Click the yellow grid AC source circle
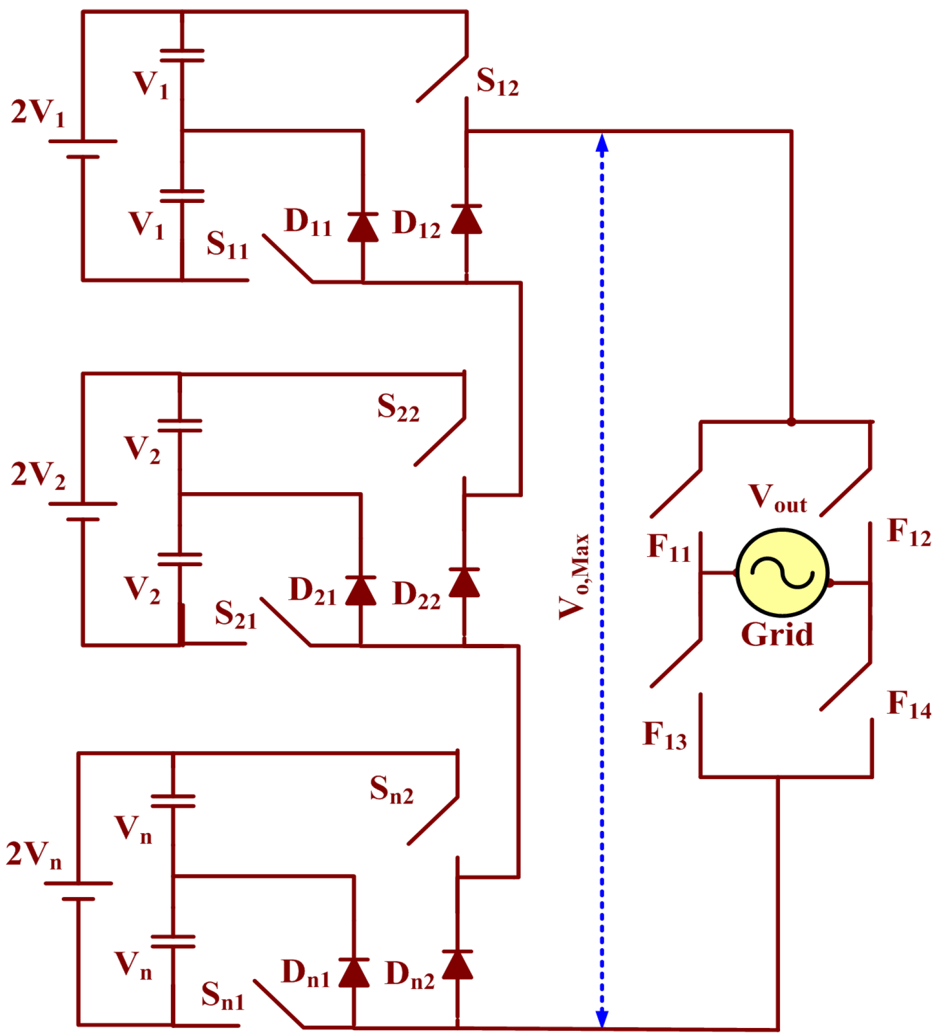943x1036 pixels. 782,573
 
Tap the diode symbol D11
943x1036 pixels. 363,227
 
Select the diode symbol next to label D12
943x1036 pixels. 466,219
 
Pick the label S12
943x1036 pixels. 497,82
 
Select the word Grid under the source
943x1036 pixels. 777,634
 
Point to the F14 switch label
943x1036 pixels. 908,704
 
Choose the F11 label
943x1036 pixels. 669,547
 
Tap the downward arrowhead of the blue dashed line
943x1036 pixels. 602,1017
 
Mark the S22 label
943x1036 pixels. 398,408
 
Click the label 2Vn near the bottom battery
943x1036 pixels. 34,855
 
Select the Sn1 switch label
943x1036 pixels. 223,995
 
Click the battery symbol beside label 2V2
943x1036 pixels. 83,511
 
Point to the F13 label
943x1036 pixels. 665,735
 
